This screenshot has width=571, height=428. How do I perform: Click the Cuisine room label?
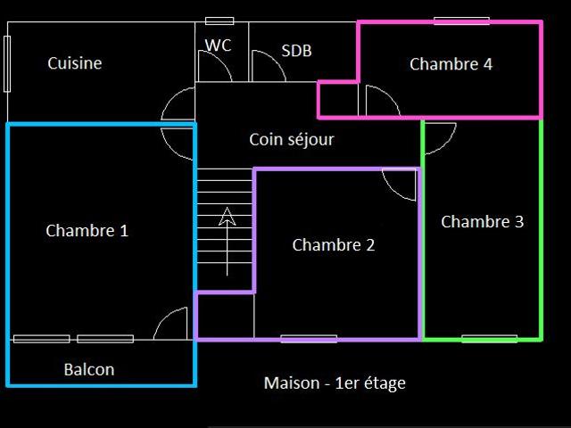pyautogui.click(x=75, y=63)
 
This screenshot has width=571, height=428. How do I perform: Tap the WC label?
pyautogui.click(x=218, y=45)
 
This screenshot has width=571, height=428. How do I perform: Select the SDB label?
pyautogui.click(x=296, y=51)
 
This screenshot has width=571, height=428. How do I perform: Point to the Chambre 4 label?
pyautogui.click(x=451, y=64)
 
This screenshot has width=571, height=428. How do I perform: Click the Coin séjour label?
pyautogui.click(x=292, y=140)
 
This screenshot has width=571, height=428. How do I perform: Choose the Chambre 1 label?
pyautogui.click(x=87, y=231)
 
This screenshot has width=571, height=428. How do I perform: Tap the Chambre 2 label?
pyautogui.click(x=333, y=245)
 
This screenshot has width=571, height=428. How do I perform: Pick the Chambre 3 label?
pyautogui.click(x=482, y=222)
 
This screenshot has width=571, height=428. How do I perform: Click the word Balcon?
pyautogui.click(x=89, y=370)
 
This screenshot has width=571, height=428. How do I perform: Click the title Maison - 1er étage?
pyautogui.click(x=335, y=383)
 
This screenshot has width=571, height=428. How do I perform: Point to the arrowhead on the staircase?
pyautogui.click(x=228, y=216)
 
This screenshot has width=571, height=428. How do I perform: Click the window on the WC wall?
pyautogui.click(x=219, y=21)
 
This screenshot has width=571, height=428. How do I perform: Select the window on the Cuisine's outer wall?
pyautogui.click(x=7, y=64)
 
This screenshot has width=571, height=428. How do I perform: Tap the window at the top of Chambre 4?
pyautogui.click(x=461, y=21)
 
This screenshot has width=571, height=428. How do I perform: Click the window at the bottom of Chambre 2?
pyautogui.click(x=309, y=339)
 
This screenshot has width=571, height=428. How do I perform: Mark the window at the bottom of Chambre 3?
pyautogui.click(x=490, y=339)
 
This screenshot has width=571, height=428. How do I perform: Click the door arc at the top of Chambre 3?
pyautogui.click(x=446, y=144)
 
